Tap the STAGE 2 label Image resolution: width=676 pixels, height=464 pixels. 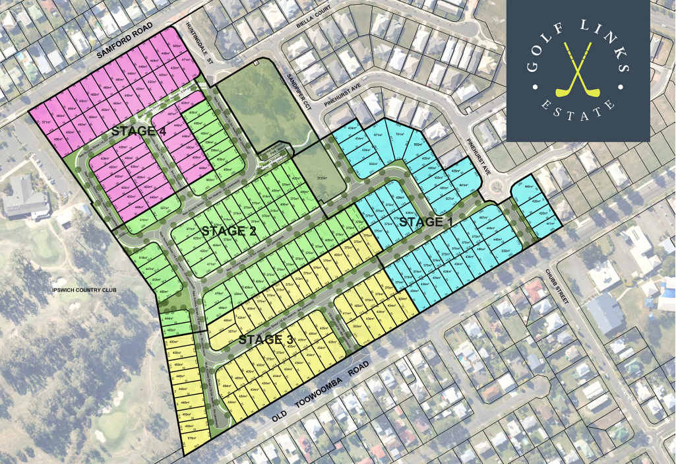[x=229, y=231]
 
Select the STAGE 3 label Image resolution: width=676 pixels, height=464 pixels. [x=266, y=340]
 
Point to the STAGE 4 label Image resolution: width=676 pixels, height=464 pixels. [x=138, y=131]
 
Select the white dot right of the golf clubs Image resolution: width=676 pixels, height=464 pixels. [x=621, y=85]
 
